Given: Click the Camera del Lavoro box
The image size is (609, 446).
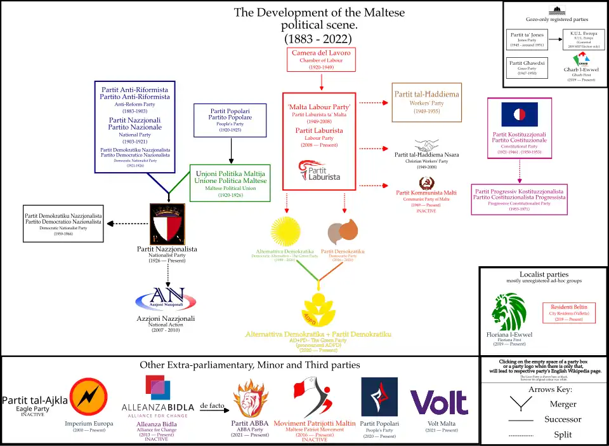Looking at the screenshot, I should tap(321, 60).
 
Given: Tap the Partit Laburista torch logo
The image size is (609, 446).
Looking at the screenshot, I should tap(319, 171).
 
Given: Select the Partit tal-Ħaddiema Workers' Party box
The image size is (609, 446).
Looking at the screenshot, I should tap(428, 102).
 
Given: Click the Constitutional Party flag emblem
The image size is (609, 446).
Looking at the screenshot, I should tap(520, 114).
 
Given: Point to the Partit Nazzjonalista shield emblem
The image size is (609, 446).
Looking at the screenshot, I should tap(167, 224).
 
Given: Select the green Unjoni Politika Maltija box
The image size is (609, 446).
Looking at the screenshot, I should tap(230, 182).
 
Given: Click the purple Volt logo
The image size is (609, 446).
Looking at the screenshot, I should tap(439, 402).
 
